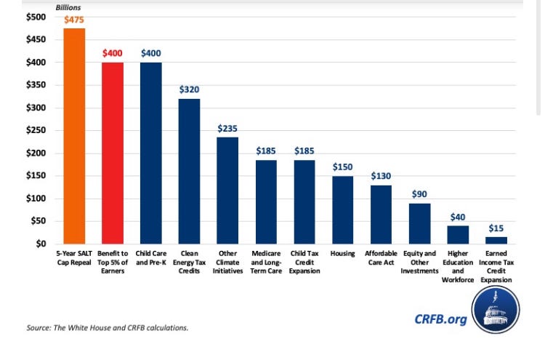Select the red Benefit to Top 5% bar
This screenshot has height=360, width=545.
tap(113, 153)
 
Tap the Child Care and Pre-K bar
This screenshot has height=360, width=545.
tap(150, 153)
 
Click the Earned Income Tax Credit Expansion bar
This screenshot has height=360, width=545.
tap(496, 240)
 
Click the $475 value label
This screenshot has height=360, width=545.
tap(74, 20)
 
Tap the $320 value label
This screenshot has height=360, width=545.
tap(189, 89)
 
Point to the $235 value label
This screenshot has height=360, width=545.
tap(227, 128)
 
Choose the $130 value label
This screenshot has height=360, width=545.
tap(381, 176)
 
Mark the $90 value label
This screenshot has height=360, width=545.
tap(420, 194)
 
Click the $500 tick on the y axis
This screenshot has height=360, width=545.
tap(36, 17)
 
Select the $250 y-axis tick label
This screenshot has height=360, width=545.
tap(36, 130)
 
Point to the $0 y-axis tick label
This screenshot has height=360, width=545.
tap(41, 244)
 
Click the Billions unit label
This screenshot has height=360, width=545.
tap(68, 7)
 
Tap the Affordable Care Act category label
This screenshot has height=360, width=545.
tap(381, 257)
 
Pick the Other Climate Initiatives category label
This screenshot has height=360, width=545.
tap(227, 262)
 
